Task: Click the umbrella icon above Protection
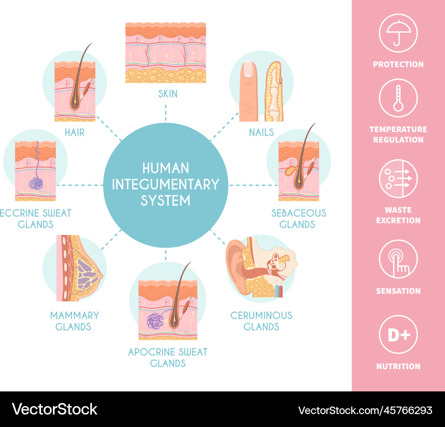coord(398,33)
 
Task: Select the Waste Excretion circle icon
coord(398,178)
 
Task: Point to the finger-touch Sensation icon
coord(398,259)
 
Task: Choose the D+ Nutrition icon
coord(398,334)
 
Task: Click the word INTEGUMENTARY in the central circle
coord(165,184)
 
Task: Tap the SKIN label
coord(167,94)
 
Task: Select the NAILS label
coord(261,132)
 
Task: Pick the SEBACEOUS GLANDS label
coord(299,218)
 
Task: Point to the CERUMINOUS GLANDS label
coord(261,321)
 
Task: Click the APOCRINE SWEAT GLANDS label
coord(167,357)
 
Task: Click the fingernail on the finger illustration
coord(248,69)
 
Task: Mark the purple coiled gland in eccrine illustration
coord(36,183)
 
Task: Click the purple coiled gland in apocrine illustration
coord(155,321)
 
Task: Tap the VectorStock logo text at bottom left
coord(54,409)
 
